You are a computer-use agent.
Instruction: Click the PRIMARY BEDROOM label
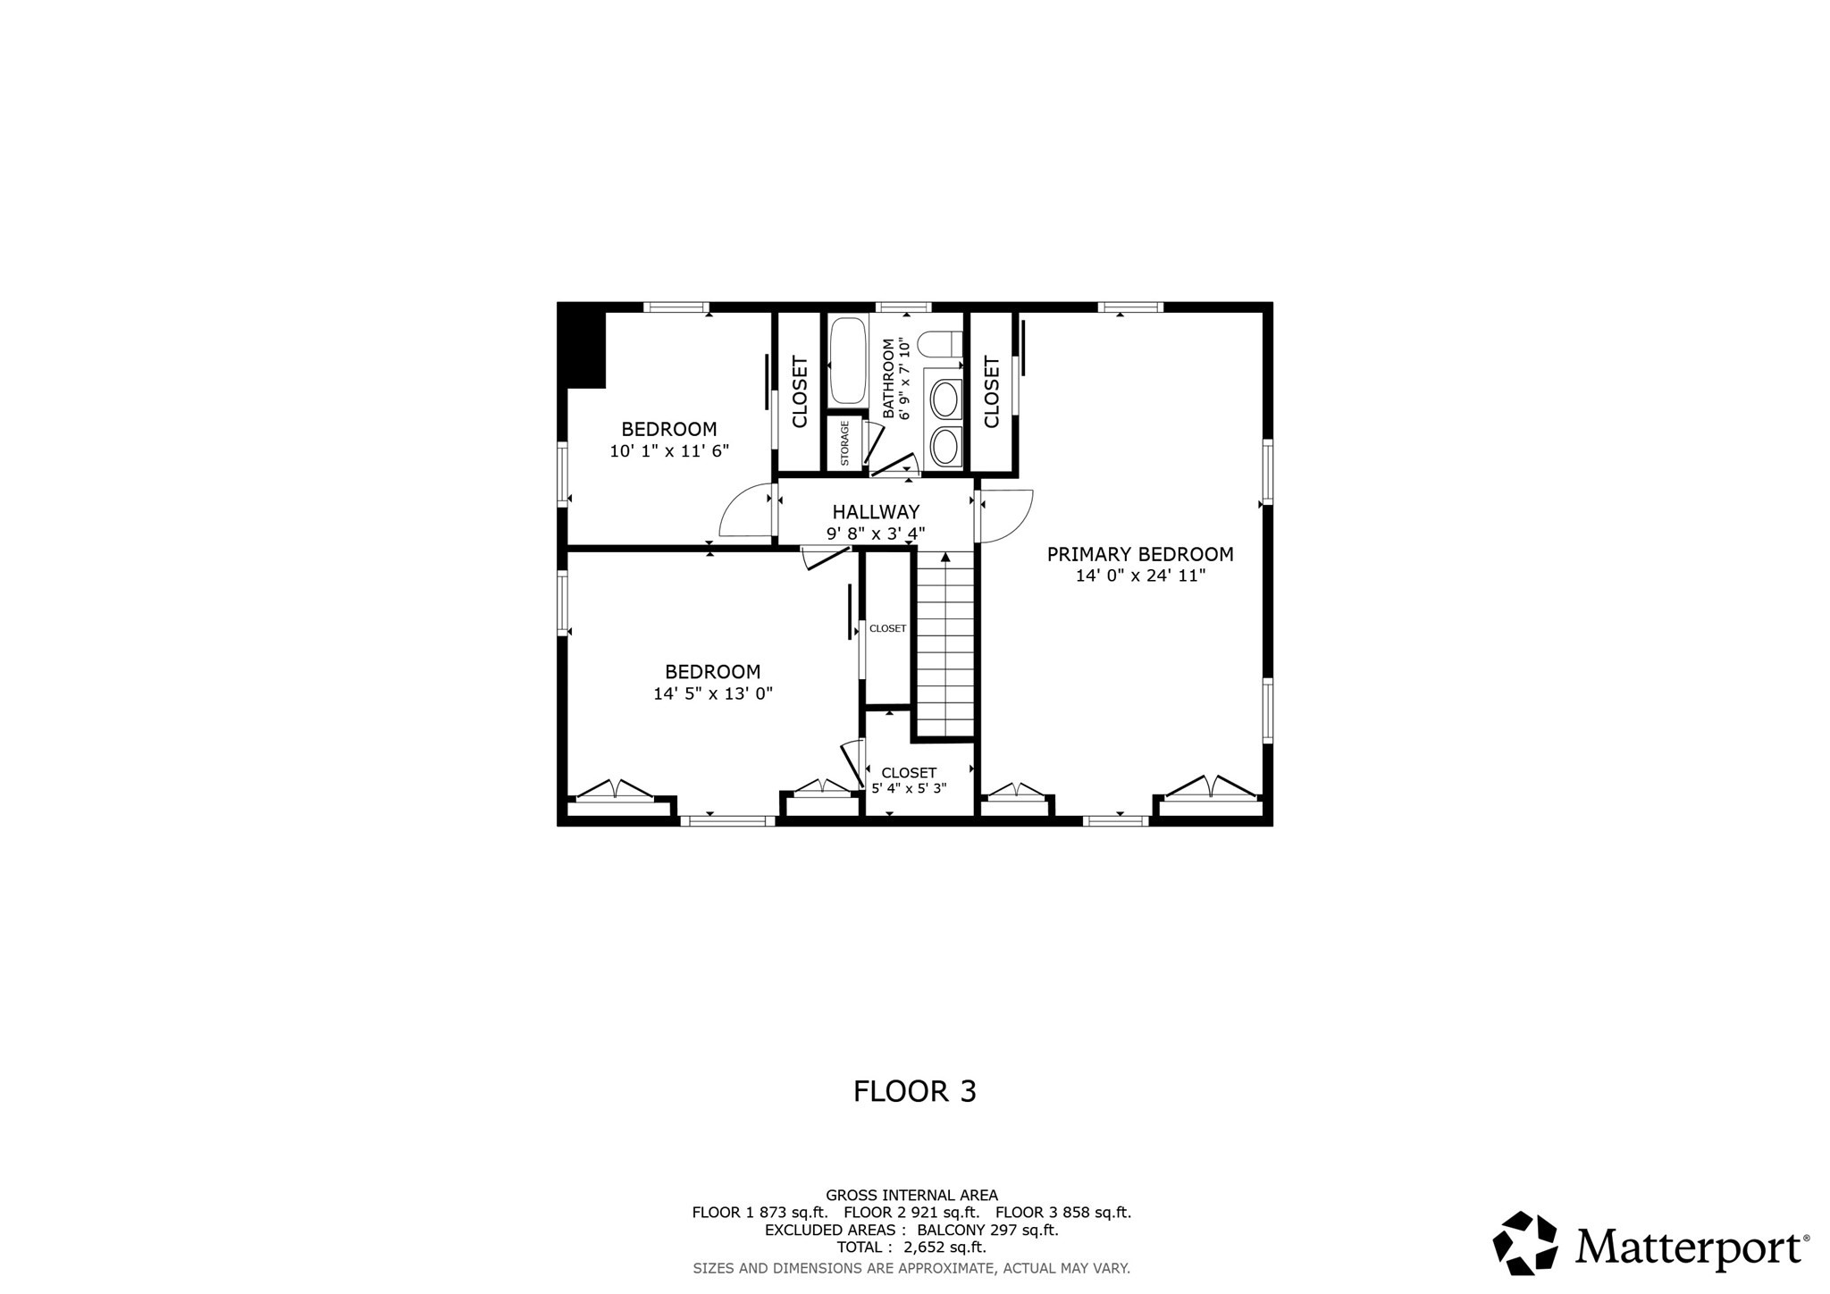coord(1140,554)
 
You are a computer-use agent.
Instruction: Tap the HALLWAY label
coord(876,512)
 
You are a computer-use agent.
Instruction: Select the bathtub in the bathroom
coord(847,363)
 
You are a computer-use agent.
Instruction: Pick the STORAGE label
coord(844,443)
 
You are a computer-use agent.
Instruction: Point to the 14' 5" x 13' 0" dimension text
coord(712,693)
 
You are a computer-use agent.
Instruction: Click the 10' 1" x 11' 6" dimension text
coord(669,451)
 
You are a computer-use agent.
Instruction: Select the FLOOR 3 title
coord(914,1091)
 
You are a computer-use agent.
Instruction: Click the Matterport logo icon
coord(1525,1242)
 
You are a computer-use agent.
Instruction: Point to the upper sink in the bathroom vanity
coord(944,398)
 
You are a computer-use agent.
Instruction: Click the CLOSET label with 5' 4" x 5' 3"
coord(909,772)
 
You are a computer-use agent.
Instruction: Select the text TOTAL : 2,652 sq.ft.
coord(911,1248)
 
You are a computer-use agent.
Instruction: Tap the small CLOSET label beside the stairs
coord(887,628)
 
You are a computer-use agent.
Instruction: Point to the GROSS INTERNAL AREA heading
coord(911,1195)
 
